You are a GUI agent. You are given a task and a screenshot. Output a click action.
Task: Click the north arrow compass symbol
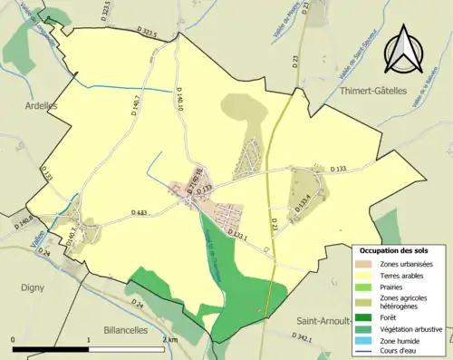(x=405, y=50)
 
